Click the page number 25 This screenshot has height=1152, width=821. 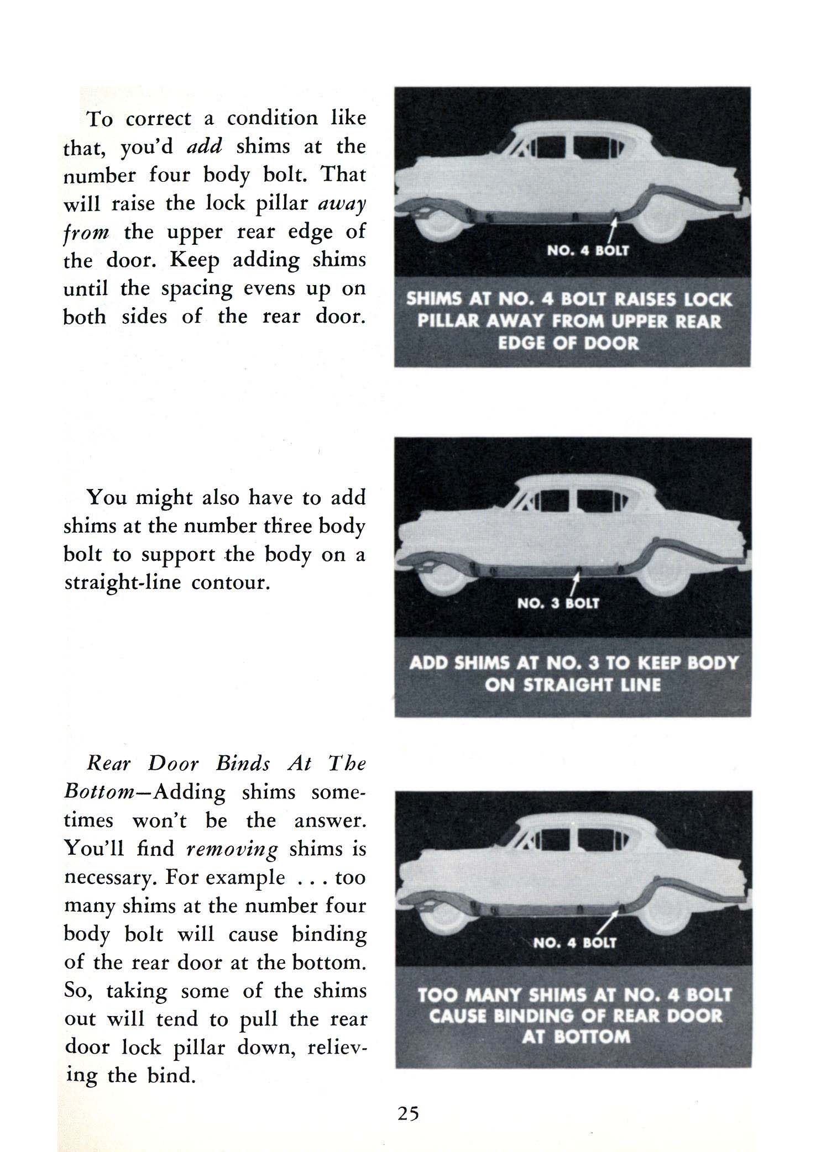tap(408, 1112)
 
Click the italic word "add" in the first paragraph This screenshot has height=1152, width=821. tap(205, 146)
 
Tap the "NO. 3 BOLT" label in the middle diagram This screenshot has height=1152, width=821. tap(558, 603)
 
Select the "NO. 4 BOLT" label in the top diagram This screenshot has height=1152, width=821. tap(588, 251)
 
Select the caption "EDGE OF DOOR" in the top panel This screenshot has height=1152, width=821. tap(568, 343)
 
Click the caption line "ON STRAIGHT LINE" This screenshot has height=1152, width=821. tap(573, 685)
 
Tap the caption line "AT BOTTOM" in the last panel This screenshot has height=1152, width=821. tap(576, 1036)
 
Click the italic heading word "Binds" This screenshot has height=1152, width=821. tap(243, 764)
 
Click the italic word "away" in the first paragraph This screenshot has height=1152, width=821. tap(343, 203)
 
